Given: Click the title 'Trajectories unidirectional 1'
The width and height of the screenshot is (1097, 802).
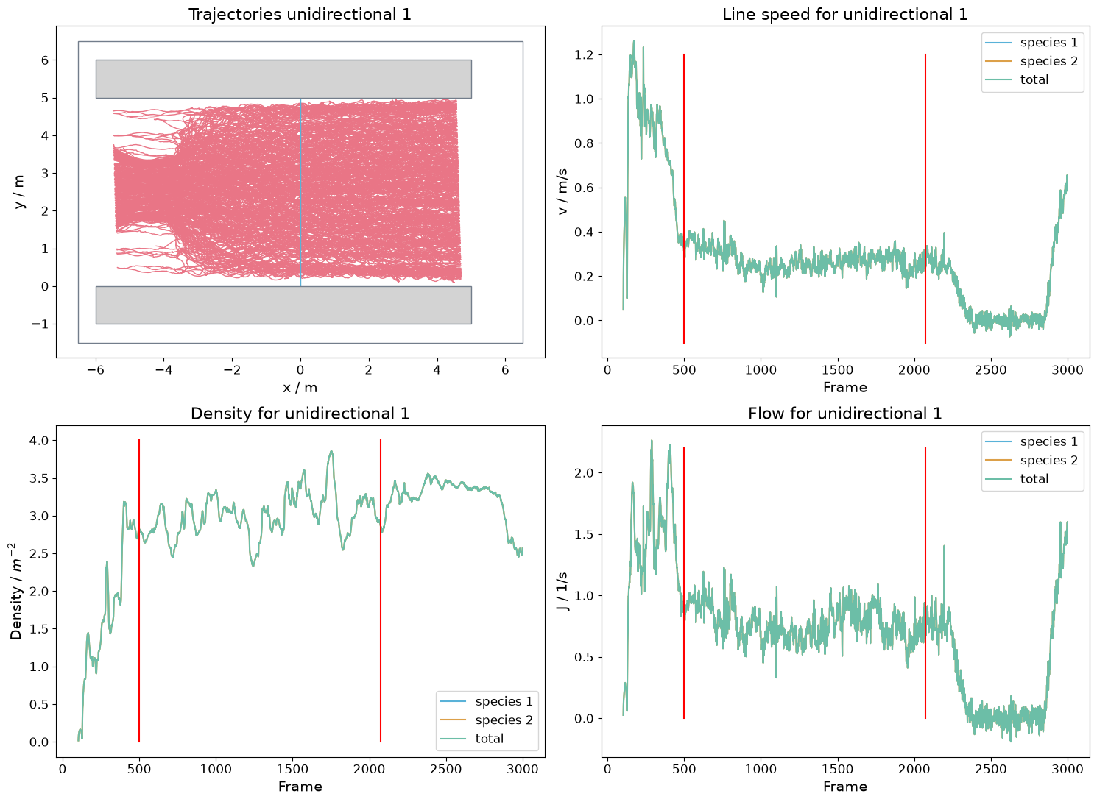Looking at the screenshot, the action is [300, 14].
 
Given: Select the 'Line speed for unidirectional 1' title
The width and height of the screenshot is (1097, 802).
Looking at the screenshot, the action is [844, 14].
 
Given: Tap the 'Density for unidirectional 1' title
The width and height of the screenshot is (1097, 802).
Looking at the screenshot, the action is [300, 414].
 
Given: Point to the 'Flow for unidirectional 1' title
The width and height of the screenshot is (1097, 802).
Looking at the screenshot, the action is [844, 414].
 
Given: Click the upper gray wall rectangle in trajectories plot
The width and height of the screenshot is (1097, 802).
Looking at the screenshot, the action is [283, 79].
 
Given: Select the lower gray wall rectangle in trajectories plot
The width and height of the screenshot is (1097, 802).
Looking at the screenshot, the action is [283, 305].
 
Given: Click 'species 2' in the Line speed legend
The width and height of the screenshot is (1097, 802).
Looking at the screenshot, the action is [1049, 61].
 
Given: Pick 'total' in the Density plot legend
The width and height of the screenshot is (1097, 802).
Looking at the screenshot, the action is [490, 739].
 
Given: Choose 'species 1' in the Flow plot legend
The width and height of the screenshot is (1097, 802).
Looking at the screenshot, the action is [1049, 441].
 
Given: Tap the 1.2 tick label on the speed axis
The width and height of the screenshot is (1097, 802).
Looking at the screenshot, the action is [584, 54].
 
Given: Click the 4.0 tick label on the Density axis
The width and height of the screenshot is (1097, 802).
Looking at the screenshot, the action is [39, 441].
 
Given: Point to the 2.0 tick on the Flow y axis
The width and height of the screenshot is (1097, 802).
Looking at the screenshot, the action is [584, 473].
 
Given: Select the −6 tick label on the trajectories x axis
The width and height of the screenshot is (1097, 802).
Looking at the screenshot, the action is [96, 370].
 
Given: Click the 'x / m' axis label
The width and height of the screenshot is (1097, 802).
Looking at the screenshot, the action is [300, 388].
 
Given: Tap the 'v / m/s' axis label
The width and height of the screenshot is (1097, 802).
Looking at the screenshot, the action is [562, 192].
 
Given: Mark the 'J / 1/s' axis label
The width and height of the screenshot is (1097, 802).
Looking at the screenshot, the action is [562, 591].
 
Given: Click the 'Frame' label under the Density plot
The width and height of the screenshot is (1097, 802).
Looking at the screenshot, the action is [300, 787].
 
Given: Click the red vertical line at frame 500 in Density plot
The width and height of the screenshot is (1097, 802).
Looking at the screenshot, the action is [139, 591].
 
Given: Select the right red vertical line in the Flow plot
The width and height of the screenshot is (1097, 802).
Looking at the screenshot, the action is [925, 583].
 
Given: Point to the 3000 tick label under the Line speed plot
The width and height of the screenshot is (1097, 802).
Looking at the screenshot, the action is [1068, 370].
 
